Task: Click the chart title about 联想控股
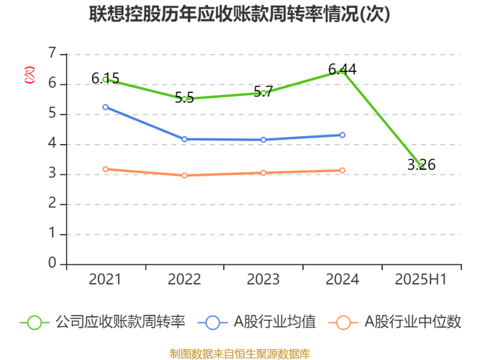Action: pos(240,14)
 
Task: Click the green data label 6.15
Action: pos(105,78)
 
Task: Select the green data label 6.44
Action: pos(342,70)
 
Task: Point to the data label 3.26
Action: pos(421,165)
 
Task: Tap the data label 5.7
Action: pos(263,92)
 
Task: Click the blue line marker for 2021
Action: pos(106,107)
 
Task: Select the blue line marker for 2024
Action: pos(342,135)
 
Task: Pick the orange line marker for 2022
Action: pos(184,176)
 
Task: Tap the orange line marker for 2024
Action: pos(342,171)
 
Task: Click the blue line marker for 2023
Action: pos(263,140)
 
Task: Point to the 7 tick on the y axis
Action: pos(52,53)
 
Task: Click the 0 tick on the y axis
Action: pos(52,264)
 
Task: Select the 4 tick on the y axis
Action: pos(52,144)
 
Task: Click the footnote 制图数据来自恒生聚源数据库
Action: pos(240,354)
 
